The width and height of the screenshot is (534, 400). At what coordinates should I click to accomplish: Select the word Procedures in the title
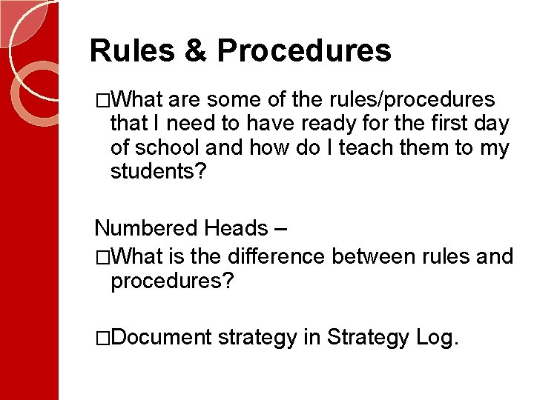(304, 51)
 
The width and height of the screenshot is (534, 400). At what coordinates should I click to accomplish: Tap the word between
(373, 256)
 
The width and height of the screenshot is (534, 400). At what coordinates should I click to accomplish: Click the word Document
(163, 338)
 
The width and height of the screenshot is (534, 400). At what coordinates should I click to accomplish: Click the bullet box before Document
(103, 339)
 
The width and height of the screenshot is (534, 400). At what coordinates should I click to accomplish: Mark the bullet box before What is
(103, 257)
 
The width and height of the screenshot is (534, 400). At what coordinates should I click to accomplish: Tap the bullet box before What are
(103, 100)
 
